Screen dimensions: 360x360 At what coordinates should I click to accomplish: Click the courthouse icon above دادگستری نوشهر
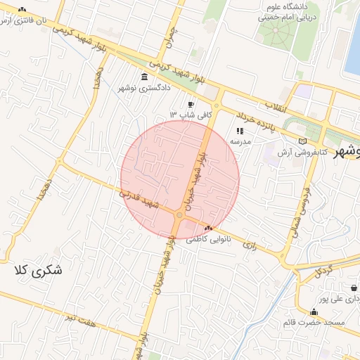(144, 77)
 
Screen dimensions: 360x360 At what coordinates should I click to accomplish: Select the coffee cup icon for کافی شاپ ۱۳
(191, 104)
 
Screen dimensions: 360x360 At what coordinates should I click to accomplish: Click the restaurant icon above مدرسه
(240, 130)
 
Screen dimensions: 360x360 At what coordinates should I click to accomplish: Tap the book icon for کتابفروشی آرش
(303, 141)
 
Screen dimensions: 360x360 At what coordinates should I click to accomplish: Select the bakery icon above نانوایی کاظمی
(207, 228)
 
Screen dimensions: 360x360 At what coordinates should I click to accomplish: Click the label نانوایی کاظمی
(207, 239)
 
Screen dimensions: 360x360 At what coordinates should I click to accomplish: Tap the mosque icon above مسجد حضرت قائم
(314, 312)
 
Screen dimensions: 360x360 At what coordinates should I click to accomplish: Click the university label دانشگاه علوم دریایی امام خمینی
(289, 11)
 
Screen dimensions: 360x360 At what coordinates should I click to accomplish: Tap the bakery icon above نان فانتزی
(22, 9)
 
